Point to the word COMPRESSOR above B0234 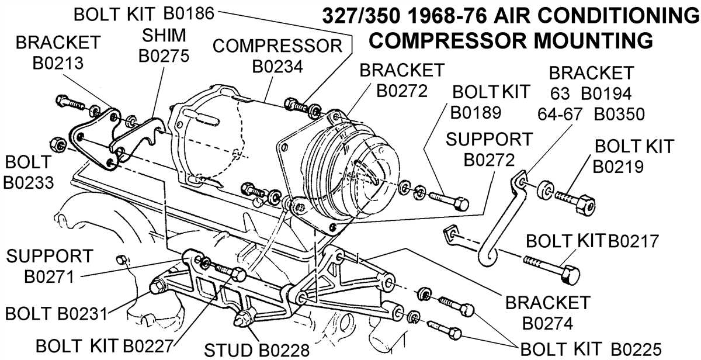(x=277, y=46)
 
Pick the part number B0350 (x=619, y=113)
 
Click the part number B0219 (x=619, y=167)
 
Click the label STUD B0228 (x=256, y=349)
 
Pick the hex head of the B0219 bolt (x=584, y=205)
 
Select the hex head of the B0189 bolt (x=460, y=203)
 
